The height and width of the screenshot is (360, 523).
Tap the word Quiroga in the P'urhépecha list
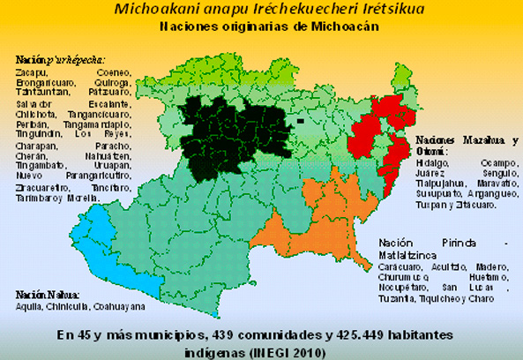click(112, 82)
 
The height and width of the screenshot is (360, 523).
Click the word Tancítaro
click(110, 186)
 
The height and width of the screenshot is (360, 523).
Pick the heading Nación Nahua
click(47, 294)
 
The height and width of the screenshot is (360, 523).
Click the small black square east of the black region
click(300, 120)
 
